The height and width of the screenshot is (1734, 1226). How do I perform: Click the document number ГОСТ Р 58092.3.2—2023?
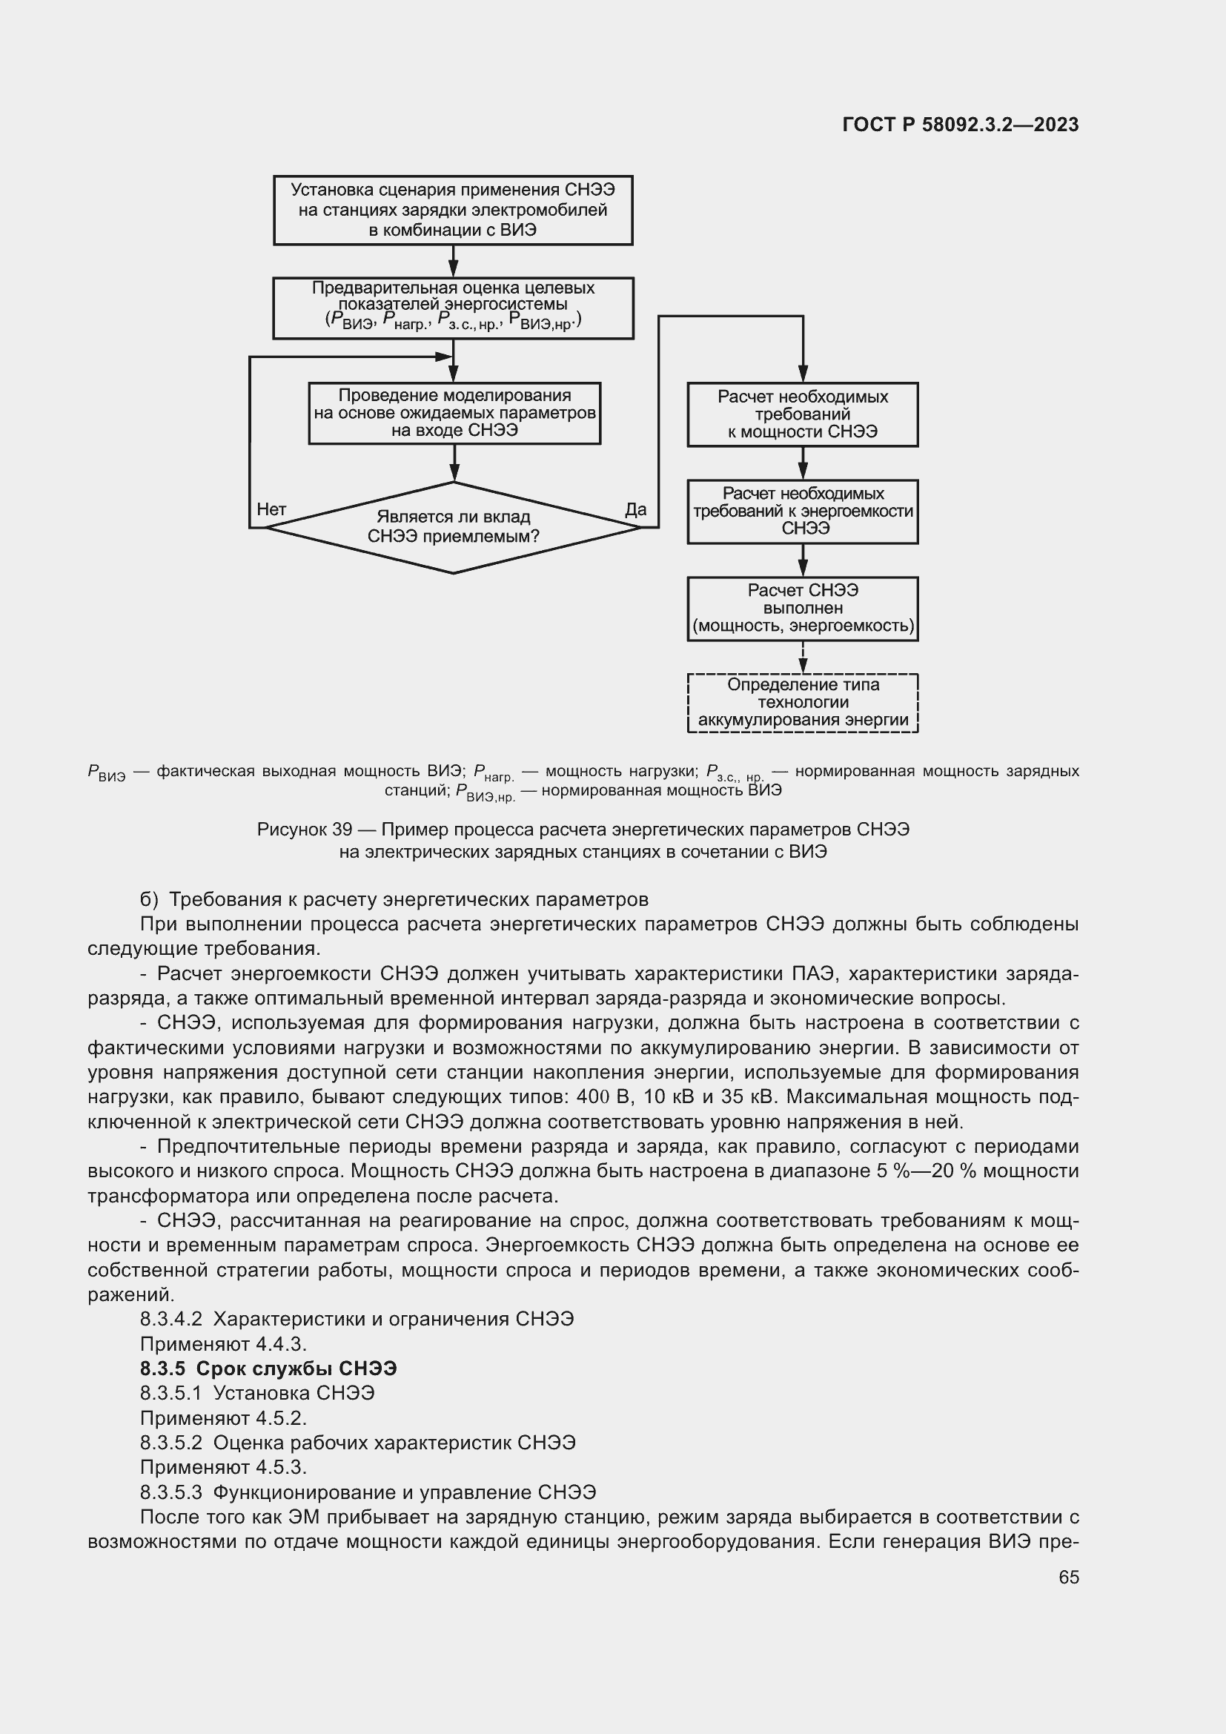(959, 125)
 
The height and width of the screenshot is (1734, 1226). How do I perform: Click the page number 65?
(1068, 1577)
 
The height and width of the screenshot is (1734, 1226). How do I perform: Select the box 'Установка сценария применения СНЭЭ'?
(453, 210)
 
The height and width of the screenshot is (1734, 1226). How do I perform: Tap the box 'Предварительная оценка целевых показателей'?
(453, 308)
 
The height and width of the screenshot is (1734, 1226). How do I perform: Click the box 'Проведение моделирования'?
(454, 413)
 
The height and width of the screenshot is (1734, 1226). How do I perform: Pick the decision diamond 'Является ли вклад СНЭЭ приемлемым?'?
(453, 527)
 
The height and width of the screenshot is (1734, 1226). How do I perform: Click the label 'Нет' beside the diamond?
(271, 510)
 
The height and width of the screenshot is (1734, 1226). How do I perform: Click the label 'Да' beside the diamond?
(636, 510)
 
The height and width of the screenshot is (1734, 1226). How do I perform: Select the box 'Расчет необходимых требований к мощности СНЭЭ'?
(803, 414)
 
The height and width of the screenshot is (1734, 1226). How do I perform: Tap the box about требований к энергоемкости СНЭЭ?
(803, 512)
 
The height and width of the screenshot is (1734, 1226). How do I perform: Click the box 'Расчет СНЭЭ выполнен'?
(803, 608)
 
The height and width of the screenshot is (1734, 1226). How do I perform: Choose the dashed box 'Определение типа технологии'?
(803, 702)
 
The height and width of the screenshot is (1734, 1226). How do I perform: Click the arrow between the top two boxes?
(453, 261)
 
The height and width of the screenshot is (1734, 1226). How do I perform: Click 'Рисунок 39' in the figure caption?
(304, 830)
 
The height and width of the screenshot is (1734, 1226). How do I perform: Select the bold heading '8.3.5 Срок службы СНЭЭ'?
(268, 1369)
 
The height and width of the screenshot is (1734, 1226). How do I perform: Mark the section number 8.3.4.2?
(170, 1319)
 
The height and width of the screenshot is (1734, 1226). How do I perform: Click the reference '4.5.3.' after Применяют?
(281, 1466)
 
